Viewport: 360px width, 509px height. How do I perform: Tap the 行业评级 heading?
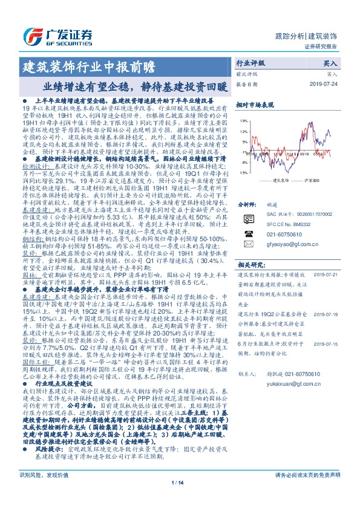tap(250, 63)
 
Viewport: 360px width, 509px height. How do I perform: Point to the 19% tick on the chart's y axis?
tap(244, 120)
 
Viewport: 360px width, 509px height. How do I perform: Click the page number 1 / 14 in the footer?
tap(180, 499)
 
